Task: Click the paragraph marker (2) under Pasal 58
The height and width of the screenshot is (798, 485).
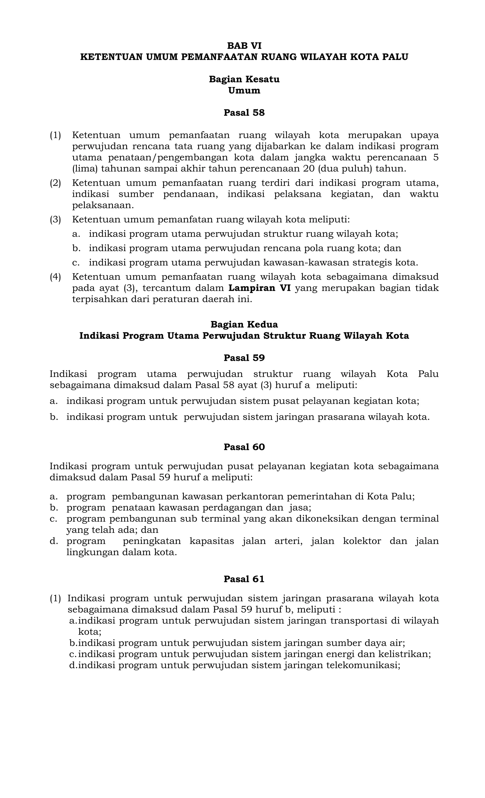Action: tap(55, 183)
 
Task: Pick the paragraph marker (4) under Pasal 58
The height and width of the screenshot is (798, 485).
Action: tap(55, 277)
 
